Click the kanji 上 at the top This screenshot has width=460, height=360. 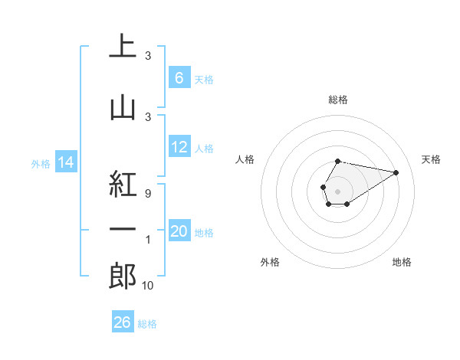click(123, 46)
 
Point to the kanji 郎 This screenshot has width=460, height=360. click(123, 276)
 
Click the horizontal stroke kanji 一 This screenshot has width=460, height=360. click(123, 230)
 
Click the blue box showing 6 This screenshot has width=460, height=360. click(179, 78)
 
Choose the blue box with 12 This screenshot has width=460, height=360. click(179, 148)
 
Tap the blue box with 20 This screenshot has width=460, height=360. click(179, 232)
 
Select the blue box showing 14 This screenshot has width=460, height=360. click(66, 162)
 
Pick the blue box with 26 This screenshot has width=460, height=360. click(122, 322)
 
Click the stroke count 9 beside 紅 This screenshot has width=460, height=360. click(148, 194)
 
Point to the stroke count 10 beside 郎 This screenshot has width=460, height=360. click(148, 286)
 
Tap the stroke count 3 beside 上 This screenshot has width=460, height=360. click(148, 56)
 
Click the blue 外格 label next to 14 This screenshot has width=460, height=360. click(41, 163)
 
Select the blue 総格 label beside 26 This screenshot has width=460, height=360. click(147, 324)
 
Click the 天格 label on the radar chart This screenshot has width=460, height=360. click(432, 159)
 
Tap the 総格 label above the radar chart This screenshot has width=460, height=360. click(337, 100)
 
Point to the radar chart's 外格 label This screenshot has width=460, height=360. click(270, 262)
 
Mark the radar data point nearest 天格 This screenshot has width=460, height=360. click(396, 172)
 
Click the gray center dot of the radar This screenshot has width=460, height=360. click(337, 190)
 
